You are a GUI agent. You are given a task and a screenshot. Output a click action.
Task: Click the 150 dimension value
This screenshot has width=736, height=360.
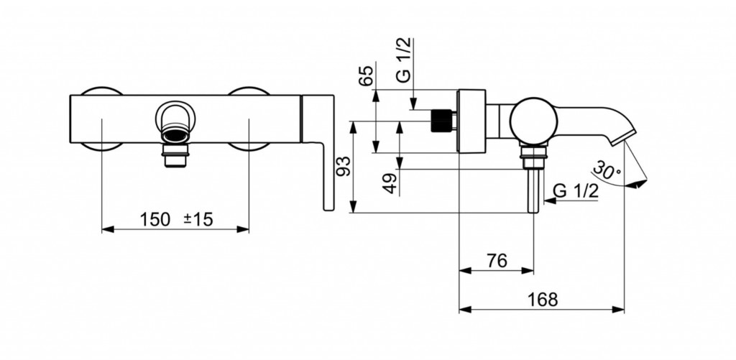tap(155, 219)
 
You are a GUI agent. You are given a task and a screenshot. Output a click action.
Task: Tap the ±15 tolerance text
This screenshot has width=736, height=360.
tap(198, 219)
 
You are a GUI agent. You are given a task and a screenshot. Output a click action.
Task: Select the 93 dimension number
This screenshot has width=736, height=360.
tap(344, 166)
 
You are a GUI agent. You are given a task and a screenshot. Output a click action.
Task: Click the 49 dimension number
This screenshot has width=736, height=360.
tap(390, 183)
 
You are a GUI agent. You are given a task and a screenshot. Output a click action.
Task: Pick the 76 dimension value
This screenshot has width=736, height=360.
tap(497, 261)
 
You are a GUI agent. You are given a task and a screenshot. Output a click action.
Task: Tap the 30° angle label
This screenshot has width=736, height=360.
tap(607, 170)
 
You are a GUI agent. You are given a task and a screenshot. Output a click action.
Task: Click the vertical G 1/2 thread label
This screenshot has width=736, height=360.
tap(404, 60)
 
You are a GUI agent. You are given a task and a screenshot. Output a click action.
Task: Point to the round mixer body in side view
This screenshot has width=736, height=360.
tap(534, 121)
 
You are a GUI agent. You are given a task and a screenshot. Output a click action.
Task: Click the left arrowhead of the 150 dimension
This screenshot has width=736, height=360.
tap(108, 229)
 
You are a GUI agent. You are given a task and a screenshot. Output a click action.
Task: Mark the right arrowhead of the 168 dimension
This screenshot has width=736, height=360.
tap(618, 309)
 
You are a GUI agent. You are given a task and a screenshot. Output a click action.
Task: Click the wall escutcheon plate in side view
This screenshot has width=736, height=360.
tap(471, 121)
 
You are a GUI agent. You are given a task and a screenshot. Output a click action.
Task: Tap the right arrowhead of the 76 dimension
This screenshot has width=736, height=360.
tap(528, 270)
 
